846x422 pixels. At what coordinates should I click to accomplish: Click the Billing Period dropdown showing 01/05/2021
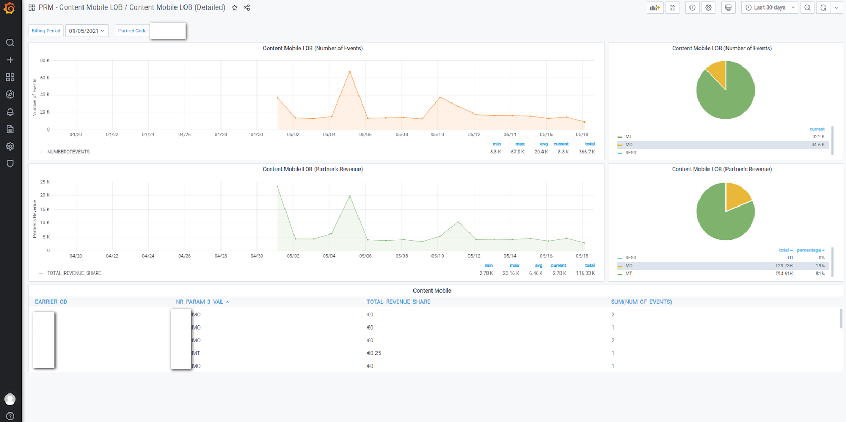coord(87,31)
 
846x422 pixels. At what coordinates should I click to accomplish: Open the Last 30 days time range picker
coord(769,7)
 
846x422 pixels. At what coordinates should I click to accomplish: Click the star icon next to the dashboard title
coord(235,8)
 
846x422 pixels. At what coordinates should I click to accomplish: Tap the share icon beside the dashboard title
coord(247,8)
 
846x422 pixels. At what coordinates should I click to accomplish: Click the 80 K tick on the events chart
coord(44,61)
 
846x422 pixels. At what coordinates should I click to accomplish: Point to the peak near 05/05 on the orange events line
coord(350,72)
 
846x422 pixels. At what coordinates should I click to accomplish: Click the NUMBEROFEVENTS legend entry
coord(68,152)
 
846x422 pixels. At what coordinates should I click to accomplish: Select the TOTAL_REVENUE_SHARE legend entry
coord(74,274)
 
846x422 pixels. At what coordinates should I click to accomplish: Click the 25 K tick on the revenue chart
coord(44,182)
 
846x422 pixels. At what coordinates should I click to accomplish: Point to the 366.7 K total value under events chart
coord(586,152)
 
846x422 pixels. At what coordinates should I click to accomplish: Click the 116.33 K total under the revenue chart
coord(585,274)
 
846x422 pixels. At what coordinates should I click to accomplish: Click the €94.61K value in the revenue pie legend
coord(784,274)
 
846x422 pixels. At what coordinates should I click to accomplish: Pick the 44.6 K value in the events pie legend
coord(817,145)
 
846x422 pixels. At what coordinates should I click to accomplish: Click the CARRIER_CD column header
coord(51,302)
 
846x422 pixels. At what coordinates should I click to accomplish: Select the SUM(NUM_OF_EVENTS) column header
coord(641,302)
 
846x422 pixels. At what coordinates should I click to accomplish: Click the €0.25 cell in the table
coord(374,353)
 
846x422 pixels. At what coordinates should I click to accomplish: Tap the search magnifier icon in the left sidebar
coord(10,43)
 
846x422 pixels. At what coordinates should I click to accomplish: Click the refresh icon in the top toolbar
coord(823,7)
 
